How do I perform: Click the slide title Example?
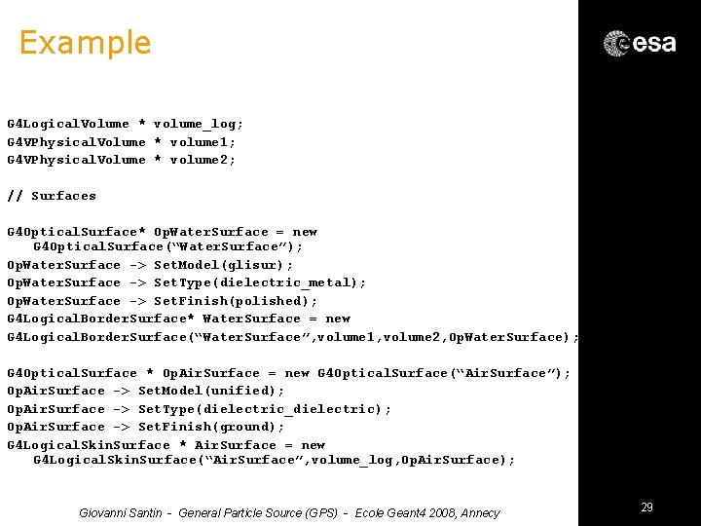(85, 43)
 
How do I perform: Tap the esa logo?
(640, 43)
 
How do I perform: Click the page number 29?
(646, 507)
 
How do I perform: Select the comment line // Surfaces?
(52, 196)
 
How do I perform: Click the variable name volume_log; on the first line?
(199, 124)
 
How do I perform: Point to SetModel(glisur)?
(223, 265)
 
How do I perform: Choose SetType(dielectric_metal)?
(260, 282)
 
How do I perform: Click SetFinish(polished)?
(236, 301)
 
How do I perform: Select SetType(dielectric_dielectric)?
(265, 409)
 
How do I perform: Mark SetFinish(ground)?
(211, 427)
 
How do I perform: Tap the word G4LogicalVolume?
(68, 124)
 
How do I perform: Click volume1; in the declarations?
(203, 142)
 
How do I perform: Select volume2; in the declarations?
(203, 160)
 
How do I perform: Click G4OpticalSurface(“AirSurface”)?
(444, 373)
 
